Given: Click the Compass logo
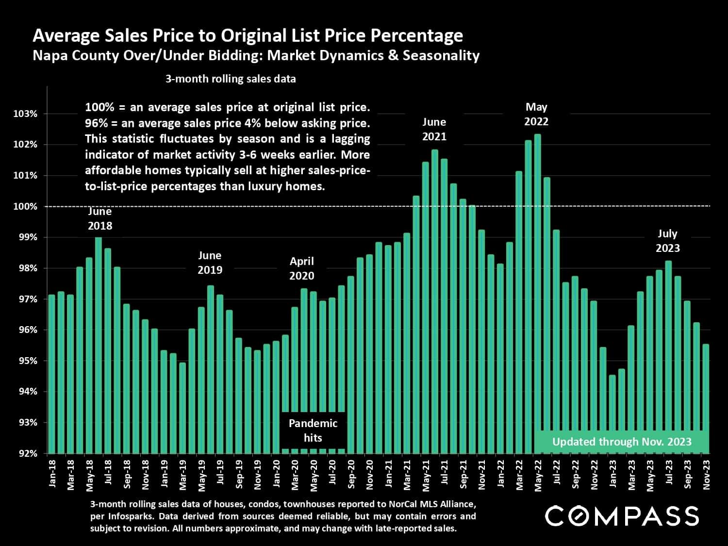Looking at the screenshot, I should tap(622, 516).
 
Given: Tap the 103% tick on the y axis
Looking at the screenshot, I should tap(26, 114).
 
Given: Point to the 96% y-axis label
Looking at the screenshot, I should tap(26, 330).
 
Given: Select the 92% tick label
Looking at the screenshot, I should tap(26, 453).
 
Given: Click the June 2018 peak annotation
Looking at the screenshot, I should tap(100, 218).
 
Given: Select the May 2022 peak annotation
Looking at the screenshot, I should tap(536, 114).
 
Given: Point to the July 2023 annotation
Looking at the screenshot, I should tap(667, 241).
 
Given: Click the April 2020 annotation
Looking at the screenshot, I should tap(302, 268).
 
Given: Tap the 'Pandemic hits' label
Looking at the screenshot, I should tap(313, 430).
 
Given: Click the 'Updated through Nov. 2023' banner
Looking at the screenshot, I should tap(622, 442).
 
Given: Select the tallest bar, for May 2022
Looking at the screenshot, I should tap(537, 291).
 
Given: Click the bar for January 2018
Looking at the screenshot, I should tap(52, 374).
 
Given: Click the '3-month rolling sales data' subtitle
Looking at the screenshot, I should tap(231, 79).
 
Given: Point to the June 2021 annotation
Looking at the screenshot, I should tap(434, 129).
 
